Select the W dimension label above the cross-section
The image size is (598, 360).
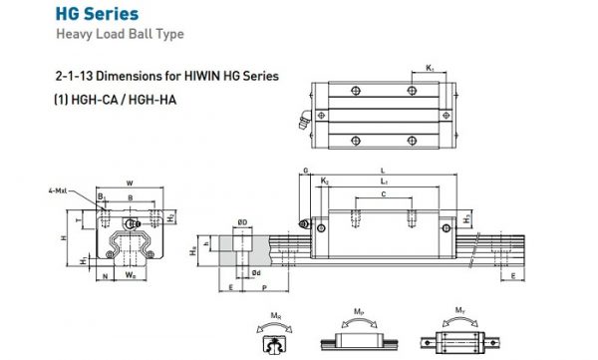coord(131,181)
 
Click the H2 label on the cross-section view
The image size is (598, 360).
coord(170,216)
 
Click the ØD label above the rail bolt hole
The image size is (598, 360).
coord(241,221)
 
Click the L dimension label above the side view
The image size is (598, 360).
coord(383,171)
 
